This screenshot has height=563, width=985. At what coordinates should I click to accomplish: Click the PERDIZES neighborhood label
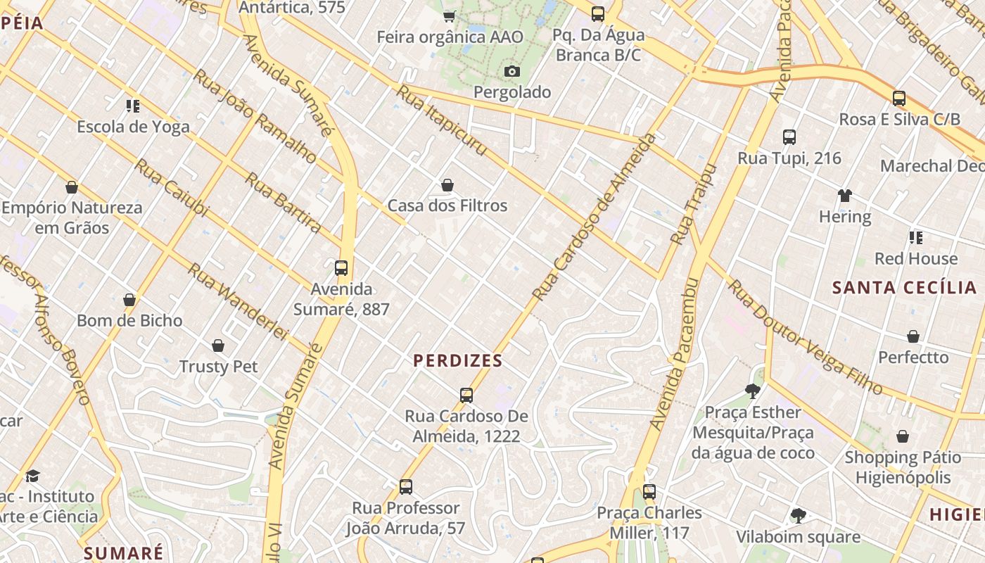click(x=457, y=361)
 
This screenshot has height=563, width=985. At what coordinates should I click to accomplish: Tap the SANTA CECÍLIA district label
click(x=904, y=287)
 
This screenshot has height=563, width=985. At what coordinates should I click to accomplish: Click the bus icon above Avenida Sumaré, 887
click(x=341, y=268)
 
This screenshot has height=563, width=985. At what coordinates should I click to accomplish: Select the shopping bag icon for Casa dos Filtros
click(x=447, y=185)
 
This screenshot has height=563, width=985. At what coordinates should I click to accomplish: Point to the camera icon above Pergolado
click(x=512, y=71)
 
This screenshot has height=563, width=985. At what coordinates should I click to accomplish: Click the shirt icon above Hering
click(x=844, y=196)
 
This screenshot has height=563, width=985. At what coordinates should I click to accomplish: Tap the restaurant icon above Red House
click(x=915, y=237)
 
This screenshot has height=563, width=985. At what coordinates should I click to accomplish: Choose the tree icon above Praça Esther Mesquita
click(x=753, y=391)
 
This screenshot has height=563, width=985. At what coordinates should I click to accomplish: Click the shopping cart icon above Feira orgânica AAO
click(x=450, y=15)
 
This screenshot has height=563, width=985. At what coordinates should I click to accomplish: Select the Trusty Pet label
click(x=218, y=367)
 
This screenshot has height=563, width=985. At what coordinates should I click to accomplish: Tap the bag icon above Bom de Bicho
click(x=129, y=300)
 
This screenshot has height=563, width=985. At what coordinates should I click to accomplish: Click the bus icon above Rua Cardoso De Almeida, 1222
click(x=466, y=395)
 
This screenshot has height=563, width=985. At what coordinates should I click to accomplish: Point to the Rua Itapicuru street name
click(x=441, y=121)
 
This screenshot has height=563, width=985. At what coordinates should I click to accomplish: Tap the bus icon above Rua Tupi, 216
click(x=789, y=137)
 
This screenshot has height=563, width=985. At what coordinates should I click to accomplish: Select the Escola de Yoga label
click(x=133, y=127)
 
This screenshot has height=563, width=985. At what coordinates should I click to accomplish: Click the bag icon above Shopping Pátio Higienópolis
click(x=903, y=436)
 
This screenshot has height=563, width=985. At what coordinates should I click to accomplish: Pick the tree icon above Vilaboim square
click(x=798, y=516)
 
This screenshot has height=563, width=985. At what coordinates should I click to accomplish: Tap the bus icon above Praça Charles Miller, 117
click(x=649, y=492)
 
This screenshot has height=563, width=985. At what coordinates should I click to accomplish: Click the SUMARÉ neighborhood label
click(x=123, y=553)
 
